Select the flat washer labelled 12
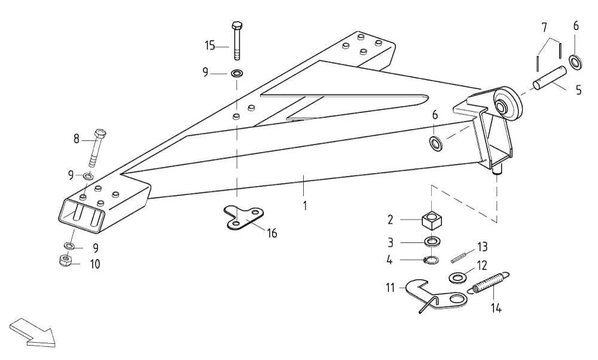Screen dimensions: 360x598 (458, 277)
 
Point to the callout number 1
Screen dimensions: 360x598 (305, 206)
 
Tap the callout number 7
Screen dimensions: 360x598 (544, 27)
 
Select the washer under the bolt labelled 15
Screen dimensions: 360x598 (236, 74)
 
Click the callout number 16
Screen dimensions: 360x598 (271, 233)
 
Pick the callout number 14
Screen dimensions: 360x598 (496, 309)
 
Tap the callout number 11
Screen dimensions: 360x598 (390, 288)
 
